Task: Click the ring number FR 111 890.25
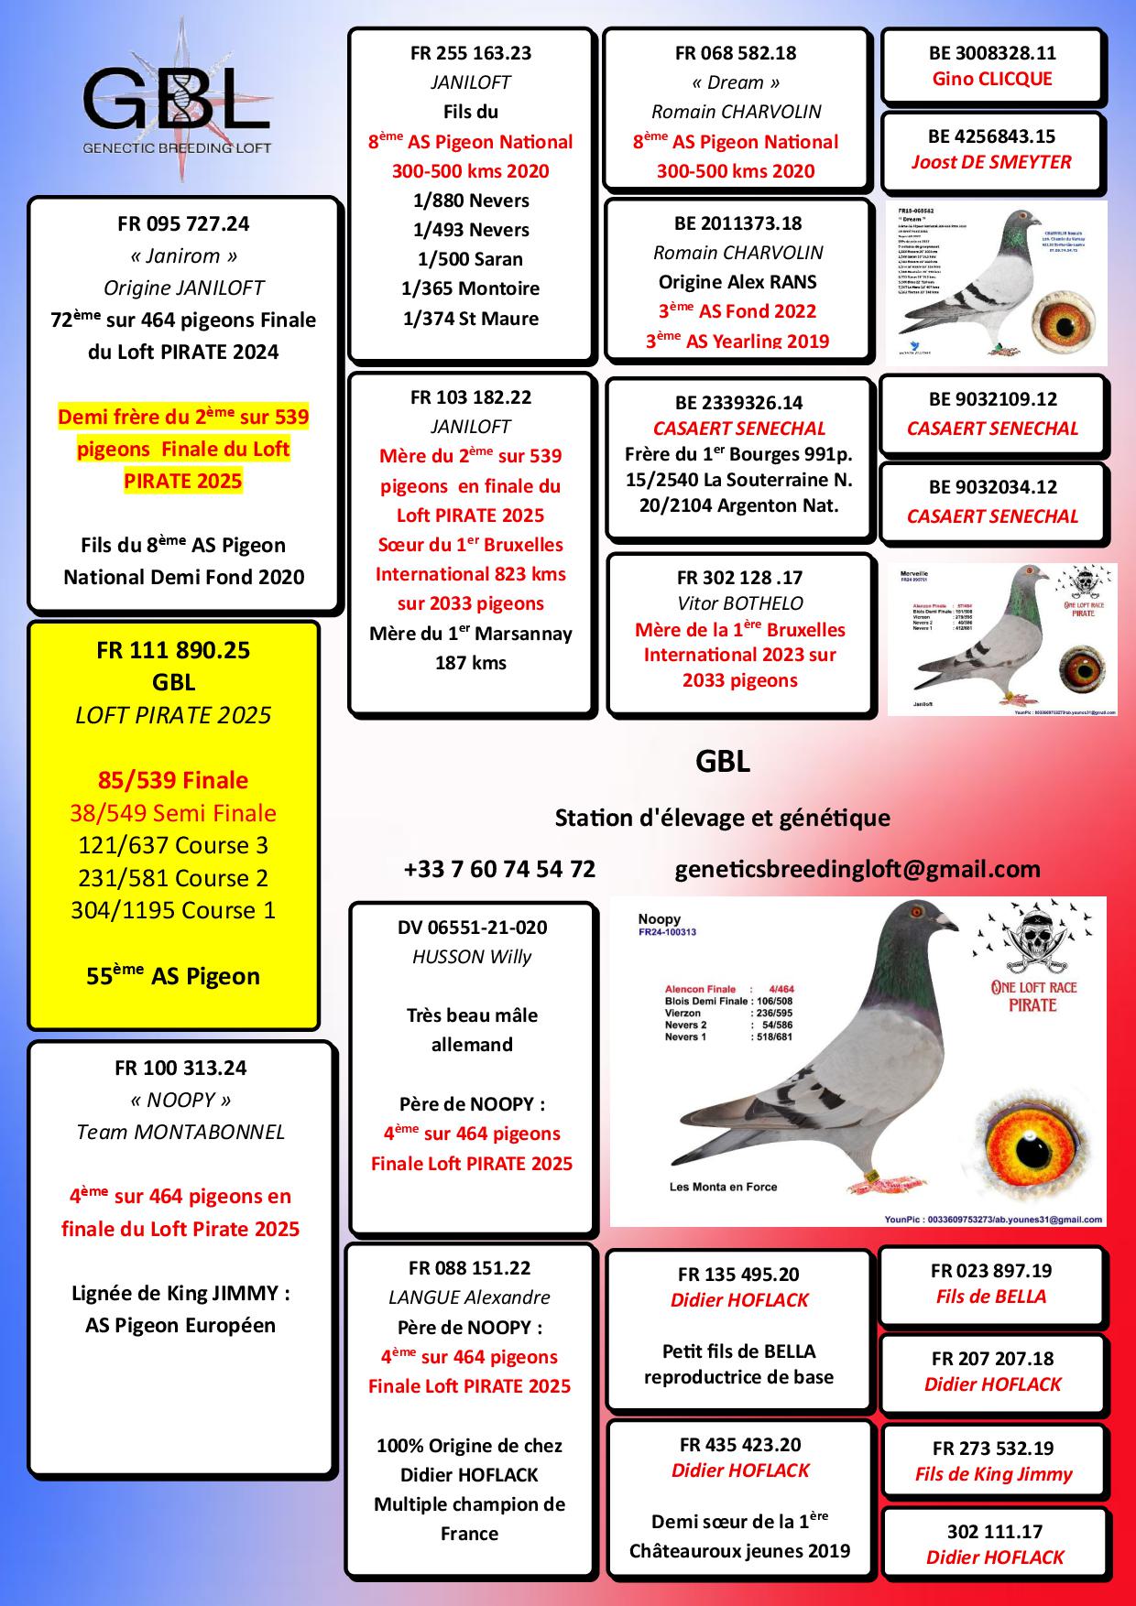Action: click(x=173, y=651)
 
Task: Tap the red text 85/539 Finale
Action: click(x=173, y=780)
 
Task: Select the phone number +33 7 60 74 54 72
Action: click(x=499, y=869)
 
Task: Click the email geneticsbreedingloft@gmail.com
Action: click(x=857, y=869)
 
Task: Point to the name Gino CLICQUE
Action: click(x=992, y=79)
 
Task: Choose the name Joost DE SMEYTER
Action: click(x=991, y=162)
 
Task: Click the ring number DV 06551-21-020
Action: click(x=472, y=928)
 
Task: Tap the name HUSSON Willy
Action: click(x=472, y=957)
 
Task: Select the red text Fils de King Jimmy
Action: click(x=993, y=1474)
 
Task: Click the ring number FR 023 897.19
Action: click(x=991, y=1271)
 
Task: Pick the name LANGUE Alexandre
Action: click(x=469, y=1297)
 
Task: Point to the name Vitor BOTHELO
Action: click(x=739, y=603)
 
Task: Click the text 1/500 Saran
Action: click(x=470, y=259)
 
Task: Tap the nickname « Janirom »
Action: click(x=183, y=256)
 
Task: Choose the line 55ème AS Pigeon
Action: click(x=173, y=976)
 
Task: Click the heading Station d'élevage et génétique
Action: click(x=722, y=818)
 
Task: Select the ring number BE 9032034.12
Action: click(x=992, y=487)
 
